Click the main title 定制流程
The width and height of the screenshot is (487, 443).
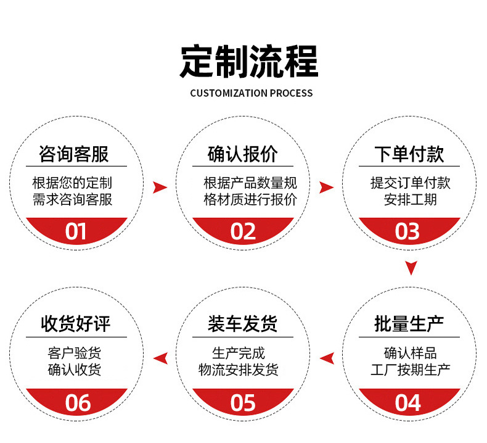[x=249, y=61]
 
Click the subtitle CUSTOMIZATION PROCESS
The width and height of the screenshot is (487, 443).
[x=252, y=94]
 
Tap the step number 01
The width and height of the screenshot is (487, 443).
[x=76, y=231]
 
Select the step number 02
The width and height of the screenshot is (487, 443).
[x=243, y=231]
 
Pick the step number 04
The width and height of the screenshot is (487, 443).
[x=408, y=403]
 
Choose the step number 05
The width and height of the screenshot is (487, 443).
[x=243, y=403]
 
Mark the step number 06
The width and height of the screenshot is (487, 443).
[x=78, y=403]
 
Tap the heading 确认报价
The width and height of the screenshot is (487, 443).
[x=243, y=154]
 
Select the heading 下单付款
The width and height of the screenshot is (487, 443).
[x=409, y=154]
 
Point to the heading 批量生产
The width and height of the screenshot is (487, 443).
[x=409, y=324]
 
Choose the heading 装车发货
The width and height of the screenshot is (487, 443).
[x=243, y=324]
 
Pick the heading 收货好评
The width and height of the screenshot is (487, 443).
[x=76, y=324]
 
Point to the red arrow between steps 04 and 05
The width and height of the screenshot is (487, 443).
[x=327, y=357]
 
